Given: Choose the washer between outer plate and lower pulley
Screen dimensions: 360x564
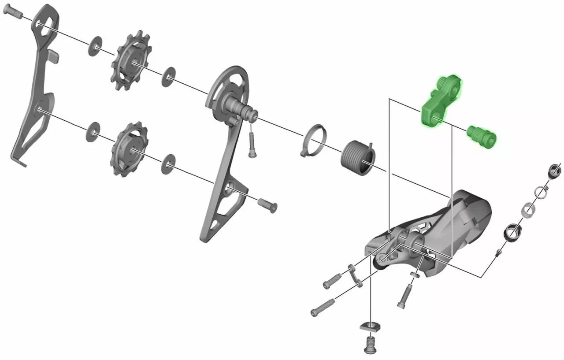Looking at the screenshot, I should coord(92,132).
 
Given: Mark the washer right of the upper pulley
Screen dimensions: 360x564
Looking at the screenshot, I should coord(167,78).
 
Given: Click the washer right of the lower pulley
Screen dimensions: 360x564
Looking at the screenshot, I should coord(168,163).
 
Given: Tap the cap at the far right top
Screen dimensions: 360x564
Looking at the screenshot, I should coord(553,171).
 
